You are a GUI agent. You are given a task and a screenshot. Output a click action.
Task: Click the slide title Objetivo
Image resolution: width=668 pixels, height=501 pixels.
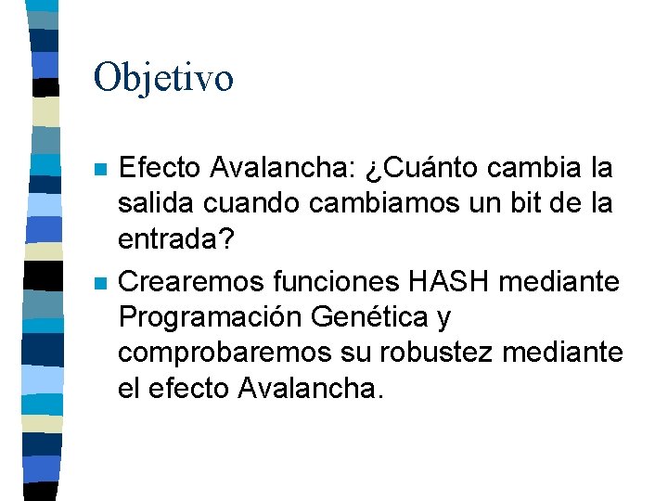pos(163,78)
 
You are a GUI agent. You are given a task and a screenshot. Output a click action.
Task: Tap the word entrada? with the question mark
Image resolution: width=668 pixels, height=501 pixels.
pos(176,238)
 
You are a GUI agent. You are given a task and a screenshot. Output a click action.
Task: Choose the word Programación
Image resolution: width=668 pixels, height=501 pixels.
pos(211,316)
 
